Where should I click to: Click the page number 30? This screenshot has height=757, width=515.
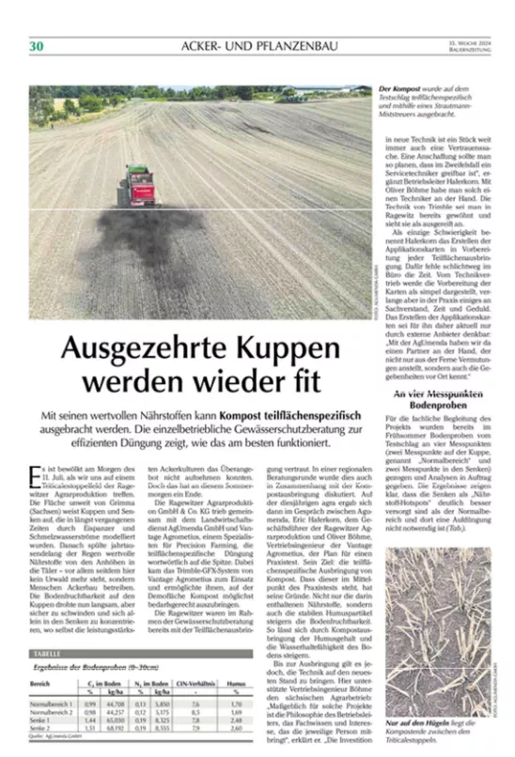pos(37,46)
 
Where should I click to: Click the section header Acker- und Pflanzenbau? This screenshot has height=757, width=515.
pos(257,47)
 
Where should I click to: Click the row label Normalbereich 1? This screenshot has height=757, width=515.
pos(53,702)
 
